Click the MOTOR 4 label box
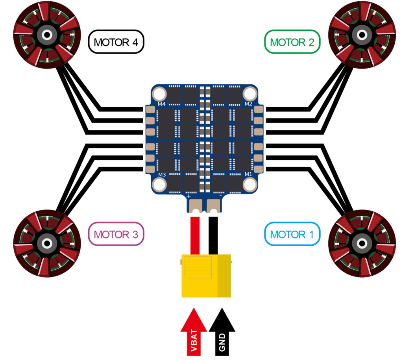[117, 42]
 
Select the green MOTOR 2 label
[292, 42]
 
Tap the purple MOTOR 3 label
[116, 234]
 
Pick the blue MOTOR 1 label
[292, 234]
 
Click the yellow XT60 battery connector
[206, 276]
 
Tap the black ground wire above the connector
[213, 235]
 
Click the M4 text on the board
[161, 104]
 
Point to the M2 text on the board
[248, 104]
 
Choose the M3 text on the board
[161, 175]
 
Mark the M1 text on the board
[248, 175]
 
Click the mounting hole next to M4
[160, 94]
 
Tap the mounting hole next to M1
[250, 184]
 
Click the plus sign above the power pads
[189, 195]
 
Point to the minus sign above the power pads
[220, 195]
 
